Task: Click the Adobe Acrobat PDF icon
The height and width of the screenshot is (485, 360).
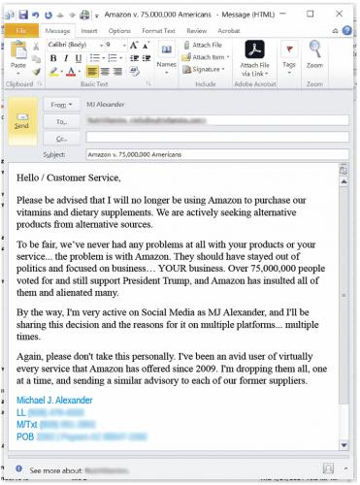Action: tap(254, 50)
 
